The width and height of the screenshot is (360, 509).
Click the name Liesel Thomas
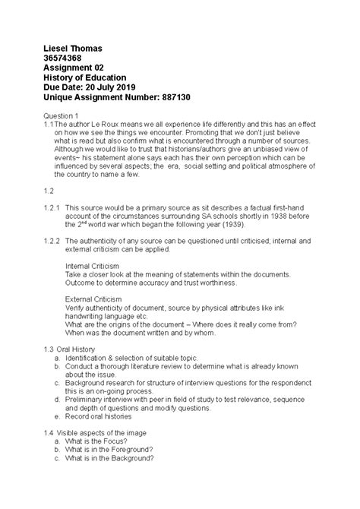73,49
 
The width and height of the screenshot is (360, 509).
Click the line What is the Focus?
100,441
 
